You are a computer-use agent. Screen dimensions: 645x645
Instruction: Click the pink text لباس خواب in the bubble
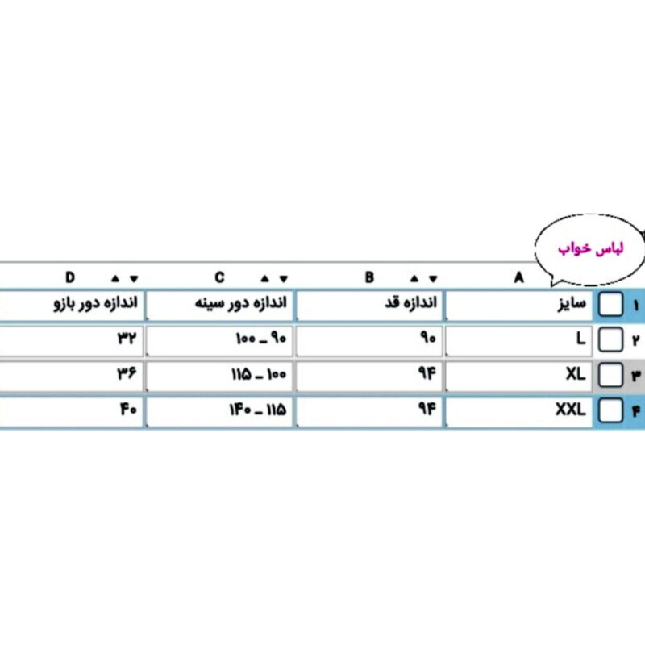tap(591, 248)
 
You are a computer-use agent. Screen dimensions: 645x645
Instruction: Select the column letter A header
tap(518, 277)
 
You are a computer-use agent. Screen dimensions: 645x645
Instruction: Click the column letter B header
tap(369, 277)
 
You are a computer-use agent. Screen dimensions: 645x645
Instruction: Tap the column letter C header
tap(219, 277)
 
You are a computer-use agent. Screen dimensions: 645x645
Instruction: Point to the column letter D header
tap(70, 277)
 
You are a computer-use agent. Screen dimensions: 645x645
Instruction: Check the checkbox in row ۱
tap(610, 305)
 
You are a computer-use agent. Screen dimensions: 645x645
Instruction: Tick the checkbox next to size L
tap(610, 339)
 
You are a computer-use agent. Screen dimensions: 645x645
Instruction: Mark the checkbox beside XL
tap(610, 375)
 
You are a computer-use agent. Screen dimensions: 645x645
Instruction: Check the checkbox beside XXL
tap(610, 410)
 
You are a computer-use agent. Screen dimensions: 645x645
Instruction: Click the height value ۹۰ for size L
tap(428, 338)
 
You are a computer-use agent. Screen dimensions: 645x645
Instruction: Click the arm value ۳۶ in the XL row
tap(127, 374)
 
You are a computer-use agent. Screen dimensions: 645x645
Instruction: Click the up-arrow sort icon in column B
tap(414, 278)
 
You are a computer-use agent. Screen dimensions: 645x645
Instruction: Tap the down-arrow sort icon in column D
tap(134, 279)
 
